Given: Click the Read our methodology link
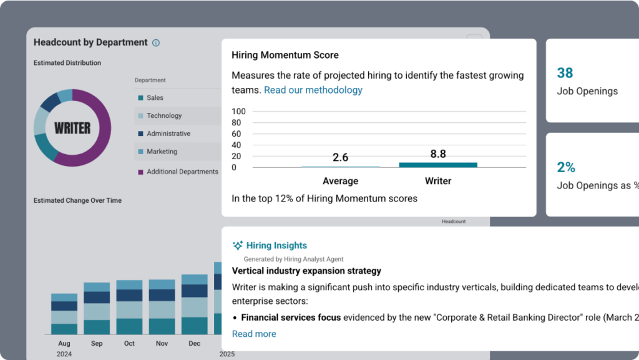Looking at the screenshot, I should click(313, 90).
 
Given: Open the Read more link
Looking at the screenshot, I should click(253, 334).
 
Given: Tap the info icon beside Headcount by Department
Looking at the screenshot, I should click(156, 43).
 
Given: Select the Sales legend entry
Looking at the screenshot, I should click(155, 98).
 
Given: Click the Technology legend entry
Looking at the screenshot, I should click(164, 116).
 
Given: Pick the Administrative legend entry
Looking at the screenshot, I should click(168, 134).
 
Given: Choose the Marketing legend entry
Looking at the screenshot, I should click(162, 152).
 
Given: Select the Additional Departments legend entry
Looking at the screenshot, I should click(182, 172).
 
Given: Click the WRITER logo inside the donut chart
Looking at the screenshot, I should click(72, 128).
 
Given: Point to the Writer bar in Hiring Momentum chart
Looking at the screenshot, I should click(438, 165).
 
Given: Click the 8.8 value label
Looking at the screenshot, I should click(438, 153).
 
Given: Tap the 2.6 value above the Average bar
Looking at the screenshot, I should click(340, 157).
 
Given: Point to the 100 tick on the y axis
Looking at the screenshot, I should click(239, 112).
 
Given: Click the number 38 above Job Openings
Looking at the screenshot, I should click(565, 73).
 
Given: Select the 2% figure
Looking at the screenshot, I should click(565, 167).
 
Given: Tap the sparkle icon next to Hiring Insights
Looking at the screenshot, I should click(237, 246).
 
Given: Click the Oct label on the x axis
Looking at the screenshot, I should click(129, 344).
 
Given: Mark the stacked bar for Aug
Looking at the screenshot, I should click(64, 314).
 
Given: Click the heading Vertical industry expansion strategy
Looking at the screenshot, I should click(306, 271).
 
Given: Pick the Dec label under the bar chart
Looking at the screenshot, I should click(194, 344).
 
